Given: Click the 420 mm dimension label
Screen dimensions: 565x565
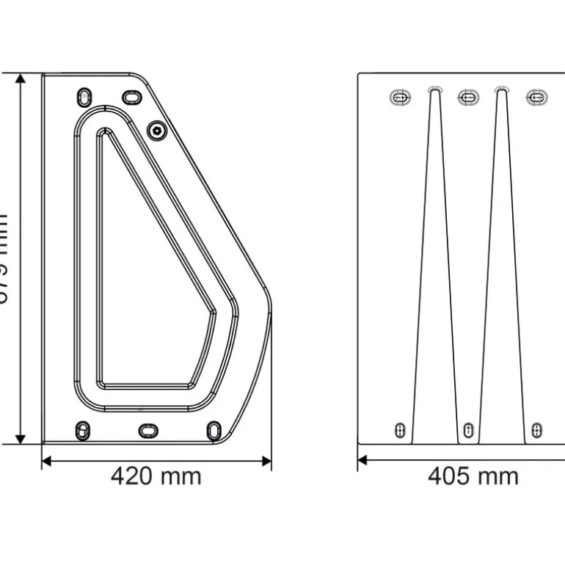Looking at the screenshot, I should (x=156, y=476).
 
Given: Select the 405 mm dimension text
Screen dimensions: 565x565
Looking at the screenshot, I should (x=473, y=476).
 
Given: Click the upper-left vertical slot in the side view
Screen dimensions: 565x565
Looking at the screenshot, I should (x=85, y=98).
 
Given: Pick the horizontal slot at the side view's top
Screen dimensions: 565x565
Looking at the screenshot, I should (x=131, y=97).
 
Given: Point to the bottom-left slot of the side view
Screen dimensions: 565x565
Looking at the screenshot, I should (x=84, y=429).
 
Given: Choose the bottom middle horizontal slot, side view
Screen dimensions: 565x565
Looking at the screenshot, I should (x=148, y=430).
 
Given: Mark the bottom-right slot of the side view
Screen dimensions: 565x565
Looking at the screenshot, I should (x=214, y=429).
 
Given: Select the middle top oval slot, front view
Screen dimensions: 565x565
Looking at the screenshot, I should (x=468, y=97).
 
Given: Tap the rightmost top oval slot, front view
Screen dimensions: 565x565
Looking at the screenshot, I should (x=536, y=97).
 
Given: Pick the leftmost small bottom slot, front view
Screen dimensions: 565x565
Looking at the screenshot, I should (x=401, y=430).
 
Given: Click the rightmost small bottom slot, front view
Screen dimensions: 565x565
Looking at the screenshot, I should (x=536, y=430).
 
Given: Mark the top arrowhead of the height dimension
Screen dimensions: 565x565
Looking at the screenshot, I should (x=21, y=79).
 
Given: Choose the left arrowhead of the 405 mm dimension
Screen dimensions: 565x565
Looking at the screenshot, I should (x=362, y=461).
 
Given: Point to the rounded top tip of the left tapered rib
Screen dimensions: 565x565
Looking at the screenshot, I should (x=434, y=89).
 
